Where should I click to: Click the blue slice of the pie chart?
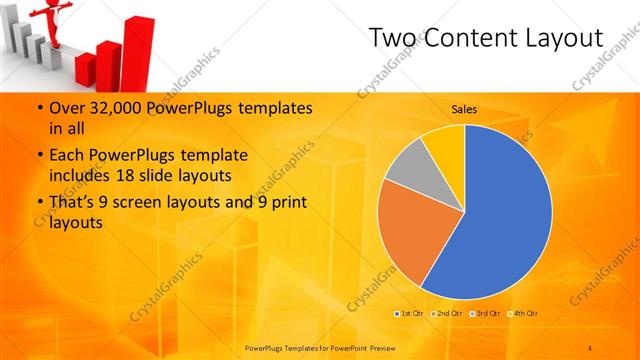(500, 215)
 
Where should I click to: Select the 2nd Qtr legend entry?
(447, 314)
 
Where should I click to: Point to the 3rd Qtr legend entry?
(486, 314)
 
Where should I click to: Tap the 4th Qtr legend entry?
(524, 314)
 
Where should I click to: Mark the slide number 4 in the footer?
(590, 347)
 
